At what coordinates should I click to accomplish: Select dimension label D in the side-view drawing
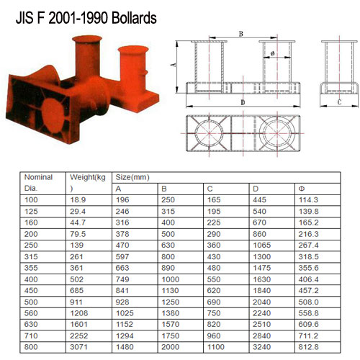tap(241, 104)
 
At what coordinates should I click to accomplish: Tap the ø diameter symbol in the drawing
tap(273, 53)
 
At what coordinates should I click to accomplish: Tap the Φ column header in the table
tap(301, 188)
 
